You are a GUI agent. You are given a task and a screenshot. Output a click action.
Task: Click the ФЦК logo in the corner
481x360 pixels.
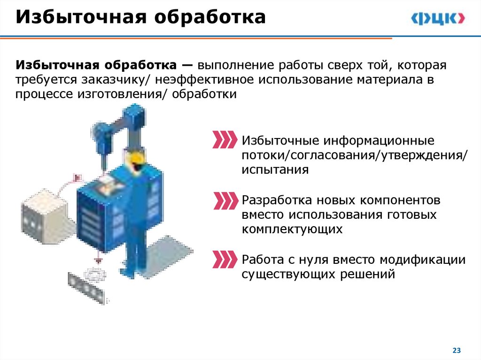click(438, 18)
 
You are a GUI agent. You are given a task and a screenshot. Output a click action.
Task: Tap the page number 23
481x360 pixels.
click(457, 350)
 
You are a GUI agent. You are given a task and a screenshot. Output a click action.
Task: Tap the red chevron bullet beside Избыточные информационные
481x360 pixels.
click(224, 140)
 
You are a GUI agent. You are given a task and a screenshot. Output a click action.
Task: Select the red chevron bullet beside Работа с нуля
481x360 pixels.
click(224, 259)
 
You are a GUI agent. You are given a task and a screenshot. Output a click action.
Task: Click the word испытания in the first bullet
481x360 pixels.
click(275, 170)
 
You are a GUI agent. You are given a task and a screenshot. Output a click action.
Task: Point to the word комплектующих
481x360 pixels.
click(292, 230)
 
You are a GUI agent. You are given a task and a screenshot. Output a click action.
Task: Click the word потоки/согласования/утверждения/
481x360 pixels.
click(355, 155)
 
